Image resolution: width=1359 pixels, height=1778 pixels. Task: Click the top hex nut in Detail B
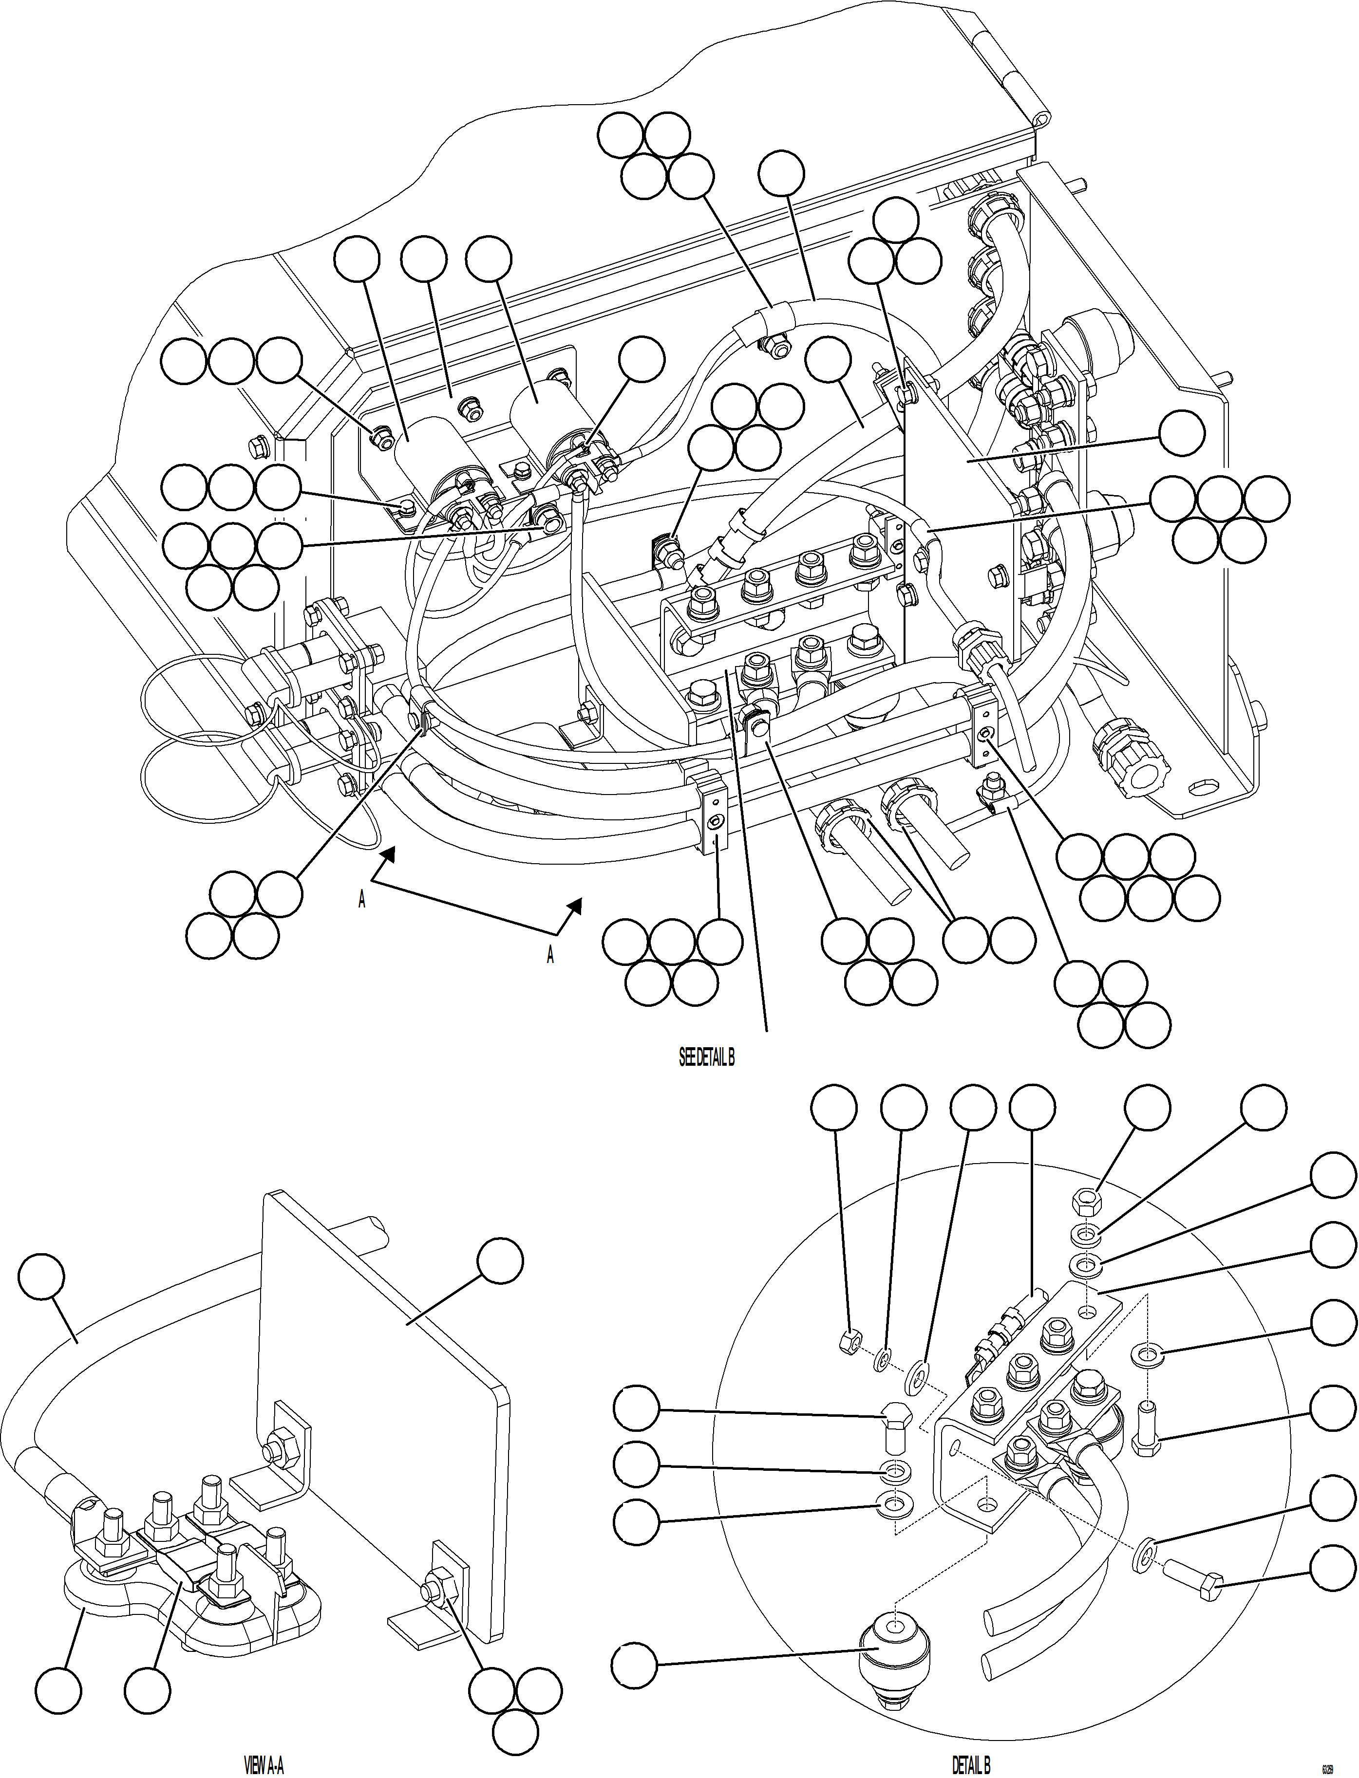pyautogui.click(x=1088, y=1200)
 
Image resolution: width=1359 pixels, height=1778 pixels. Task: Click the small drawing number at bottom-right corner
pyautogui.click(x=1327, y=1762)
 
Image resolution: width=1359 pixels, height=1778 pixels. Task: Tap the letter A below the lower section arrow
pyautogui.click(x=550, y=956)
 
